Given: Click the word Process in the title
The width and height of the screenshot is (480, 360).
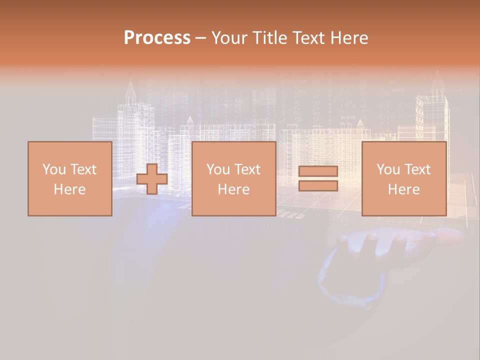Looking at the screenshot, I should pyautogui.click(x=157, y=38).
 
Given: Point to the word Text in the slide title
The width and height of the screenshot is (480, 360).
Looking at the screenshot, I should pyautogui.click(x=308, y=38).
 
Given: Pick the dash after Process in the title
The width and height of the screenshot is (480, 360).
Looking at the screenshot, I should pyautogui.click(x=200, y=38).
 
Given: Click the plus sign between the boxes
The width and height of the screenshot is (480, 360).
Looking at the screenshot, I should pyautogui.click(x=152, y=179).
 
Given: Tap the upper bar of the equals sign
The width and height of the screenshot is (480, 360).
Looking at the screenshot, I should pyautogui.click(x=318, y=171).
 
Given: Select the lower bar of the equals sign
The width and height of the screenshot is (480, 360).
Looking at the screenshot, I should pyautogui.click(x=318, y=186).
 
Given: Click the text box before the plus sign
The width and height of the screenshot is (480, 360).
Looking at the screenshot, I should pyautogui.click(x=70, y=178).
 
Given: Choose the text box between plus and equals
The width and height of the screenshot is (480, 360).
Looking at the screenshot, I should pyautogui.click(x=234, y=178).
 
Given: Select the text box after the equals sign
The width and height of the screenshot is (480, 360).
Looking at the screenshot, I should pyautogui.click(x=404, y=178).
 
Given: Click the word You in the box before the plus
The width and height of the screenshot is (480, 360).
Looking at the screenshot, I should pyautogui.click(x=53, y=169).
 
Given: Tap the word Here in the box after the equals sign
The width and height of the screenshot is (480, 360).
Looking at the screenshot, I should pyautogui.click(x=404, y=189).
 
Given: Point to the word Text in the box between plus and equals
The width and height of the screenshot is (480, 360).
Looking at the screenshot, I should pyautogui.click(x=247, y=169).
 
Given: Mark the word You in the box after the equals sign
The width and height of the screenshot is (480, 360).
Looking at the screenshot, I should pyautogui.click(x=388, y=169).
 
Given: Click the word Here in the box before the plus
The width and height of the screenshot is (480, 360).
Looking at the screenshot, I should pyautogui.click(x=70, y=189).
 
